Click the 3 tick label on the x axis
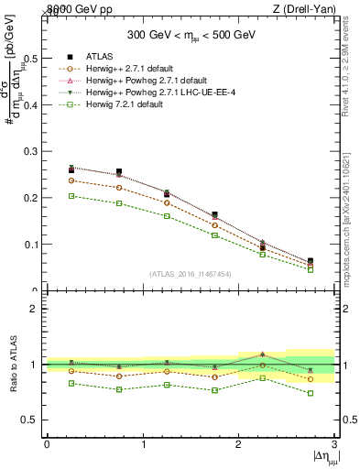334,444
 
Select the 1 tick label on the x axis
143,444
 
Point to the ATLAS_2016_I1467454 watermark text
190,274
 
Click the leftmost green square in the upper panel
71,196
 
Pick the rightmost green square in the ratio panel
311,393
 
